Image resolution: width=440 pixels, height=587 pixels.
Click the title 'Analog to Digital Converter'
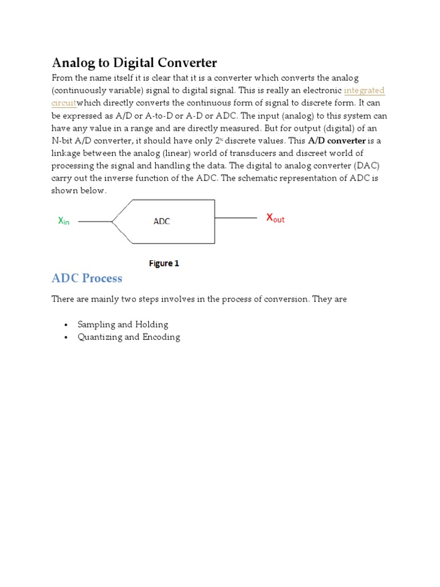pyautogui.click(x=135, y=62)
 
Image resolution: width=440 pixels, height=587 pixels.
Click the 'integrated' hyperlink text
pyautogui.click(x=364, y=91)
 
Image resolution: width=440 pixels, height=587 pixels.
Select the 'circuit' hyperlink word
pyautogui.click(x=64, y=103)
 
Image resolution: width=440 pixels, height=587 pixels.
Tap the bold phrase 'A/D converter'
pyautogui.click(x=337, y=140)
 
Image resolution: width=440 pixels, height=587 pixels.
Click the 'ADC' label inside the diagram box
pyautogui.click(x=162, y=221)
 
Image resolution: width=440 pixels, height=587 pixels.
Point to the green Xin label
pyautogui.click(x=64, y=221)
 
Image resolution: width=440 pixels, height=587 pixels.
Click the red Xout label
pyautogui.click(x=275, y=218)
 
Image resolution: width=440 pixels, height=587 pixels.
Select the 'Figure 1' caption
pyautogui.click(x=164, y=264)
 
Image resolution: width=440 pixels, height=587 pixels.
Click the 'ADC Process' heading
pyautogui.click(x=87, y=279)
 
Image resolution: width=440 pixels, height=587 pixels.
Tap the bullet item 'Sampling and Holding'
pyautogui.click(x=123, y=324)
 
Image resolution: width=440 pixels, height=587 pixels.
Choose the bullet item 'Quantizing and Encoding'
pyautogui.click(x=129, y=337)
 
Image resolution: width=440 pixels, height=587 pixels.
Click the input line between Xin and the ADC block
pyautogui.click(x=95, y=221)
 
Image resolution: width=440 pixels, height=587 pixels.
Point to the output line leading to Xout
pyautogui.click(x=235, y=218)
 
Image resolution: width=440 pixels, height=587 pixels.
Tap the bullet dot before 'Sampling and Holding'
pyautogui.click(x=66, y=325)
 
